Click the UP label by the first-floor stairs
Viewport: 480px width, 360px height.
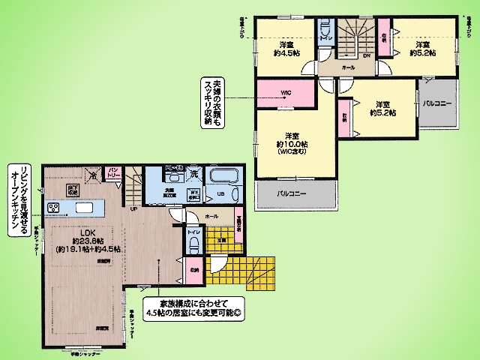pos(134,208)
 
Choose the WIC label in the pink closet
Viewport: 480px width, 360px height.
pos(286,93)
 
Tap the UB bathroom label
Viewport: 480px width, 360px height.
pos(221,194)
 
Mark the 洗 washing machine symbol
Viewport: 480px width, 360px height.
pos(193,174)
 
